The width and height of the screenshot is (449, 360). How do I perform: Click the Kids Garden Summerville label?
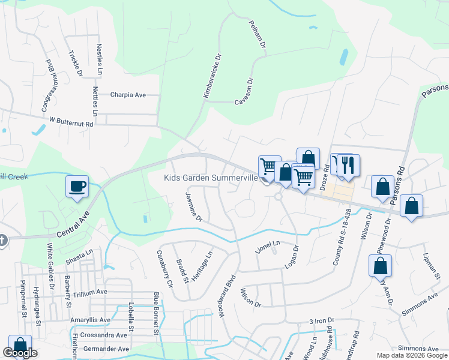211,178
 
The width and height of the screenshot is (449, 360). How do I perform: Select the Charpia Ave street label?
128,95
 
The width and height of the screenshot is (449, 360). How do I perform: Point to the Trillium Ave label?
89,292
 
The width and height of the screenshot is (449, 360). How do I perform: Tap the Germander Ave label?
107,349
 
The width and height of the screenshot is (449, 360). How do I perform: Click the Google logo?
20,353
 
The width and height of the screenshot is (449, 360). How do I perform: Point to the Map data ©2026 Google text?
412,355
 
